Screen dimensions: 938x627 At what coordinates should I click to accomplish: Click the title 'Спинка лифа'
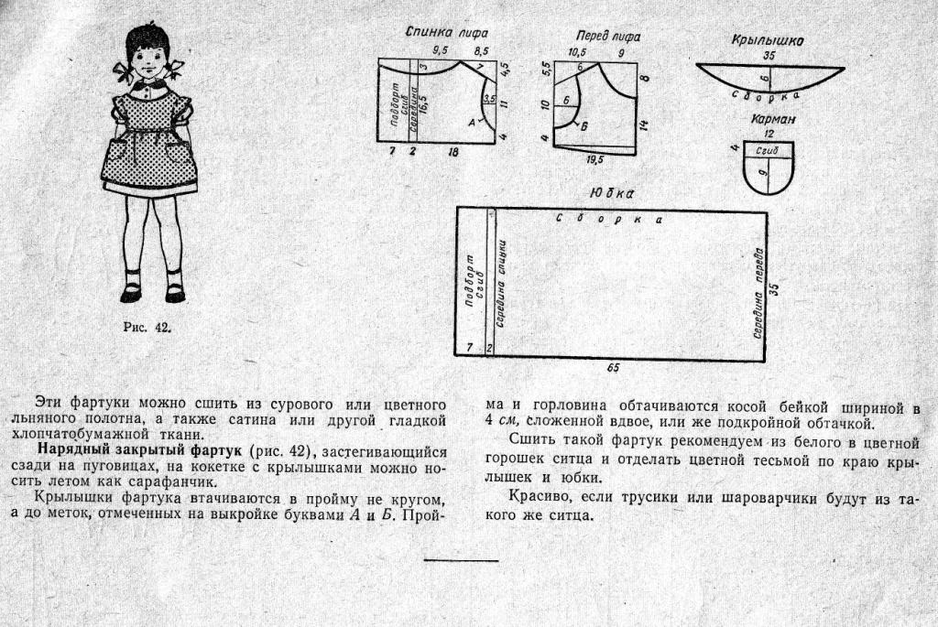pyautogui.click(x=447, y=33)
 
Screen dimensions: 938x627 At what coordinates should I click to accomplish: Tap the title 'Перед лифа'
pyautogui.click(x=608, y=37)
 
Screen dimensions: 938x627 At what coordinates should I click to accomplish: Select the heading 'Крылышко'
pyautogui.click(x=768, y=40)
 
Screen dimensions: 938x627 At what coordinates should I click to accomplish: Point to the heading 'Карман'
pyautogui.click(x=773, y=120)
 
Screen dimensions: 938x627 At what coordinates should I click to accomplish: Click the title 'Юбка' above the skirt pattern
pyautogui.click(x=611, y=194)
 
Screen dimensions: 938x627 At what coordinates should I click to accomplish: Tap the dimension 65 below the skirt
pyautogui.click(x=613, y=368)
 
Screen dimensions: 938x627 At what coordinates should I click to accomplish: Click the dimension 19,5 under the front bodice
pyautogui.click(x=594, y=160)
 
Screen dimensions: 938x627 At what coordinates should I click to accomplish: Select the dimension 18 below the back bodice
pyautogui.click(x=453, y=152)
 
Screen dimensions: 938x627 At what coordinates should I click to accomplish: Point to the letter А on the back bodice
pyautogui.click(x=472, y=123)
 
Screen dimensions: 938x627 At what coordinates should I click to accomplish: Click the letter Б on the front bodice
pyautogui.click(x=584, y=126)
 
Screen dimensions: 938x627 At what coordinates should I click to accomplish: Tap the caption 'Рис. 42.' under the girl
pyautogui.click(x=147, y=327)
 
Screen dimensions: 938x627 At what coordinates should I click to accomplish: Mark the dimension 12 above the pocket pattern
pyautogui.click(x=769, y=134)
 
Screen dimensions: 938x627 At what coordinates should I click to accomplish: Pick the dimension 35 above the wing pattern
pyautogui.click(x=769, y=56)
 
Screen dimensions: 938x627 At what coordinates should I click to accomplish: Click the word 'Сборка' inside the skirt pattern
pyautogui.click(x=609, y=219)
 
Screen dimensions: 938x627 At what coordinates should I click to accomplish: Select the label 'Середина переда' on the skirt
pyautogui.click(x=758, y=294)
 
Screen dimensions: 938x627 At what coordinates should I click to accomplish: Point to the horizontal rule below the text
pyautogui.click(x=462, y=561)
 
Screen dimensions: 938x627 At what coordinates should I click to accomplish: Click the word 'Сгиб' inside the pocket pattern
pyautogui.click(x=767, y=151)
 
